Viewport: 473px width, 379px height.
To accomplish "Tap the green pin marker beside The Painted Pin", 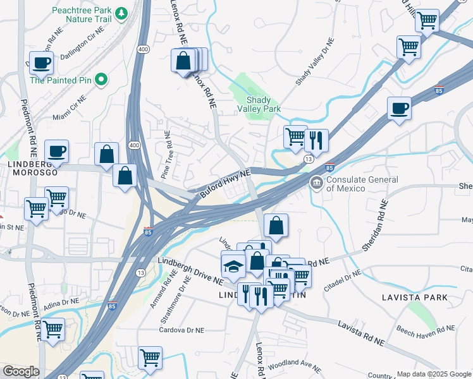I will click(x=101, y=80).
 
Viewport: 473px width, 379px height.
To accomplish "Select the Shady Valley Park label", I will click(x=259, y=104).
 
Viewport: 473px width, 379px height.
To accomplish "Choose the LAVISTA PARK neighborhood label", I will click(x=414, y=297).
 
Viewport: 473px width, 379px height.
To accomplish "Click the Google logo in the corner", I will click(x=21, y=371).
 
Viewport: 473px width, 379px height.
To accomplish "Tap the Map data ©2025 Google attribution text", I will click(x=433, y=374).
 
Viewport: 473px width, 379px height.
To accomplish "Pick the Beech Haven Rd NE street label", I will click(x=425, y=328).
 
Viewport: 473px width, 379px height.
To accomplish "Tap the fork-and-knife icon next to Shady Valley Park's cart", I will click(x=316, y=140).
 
